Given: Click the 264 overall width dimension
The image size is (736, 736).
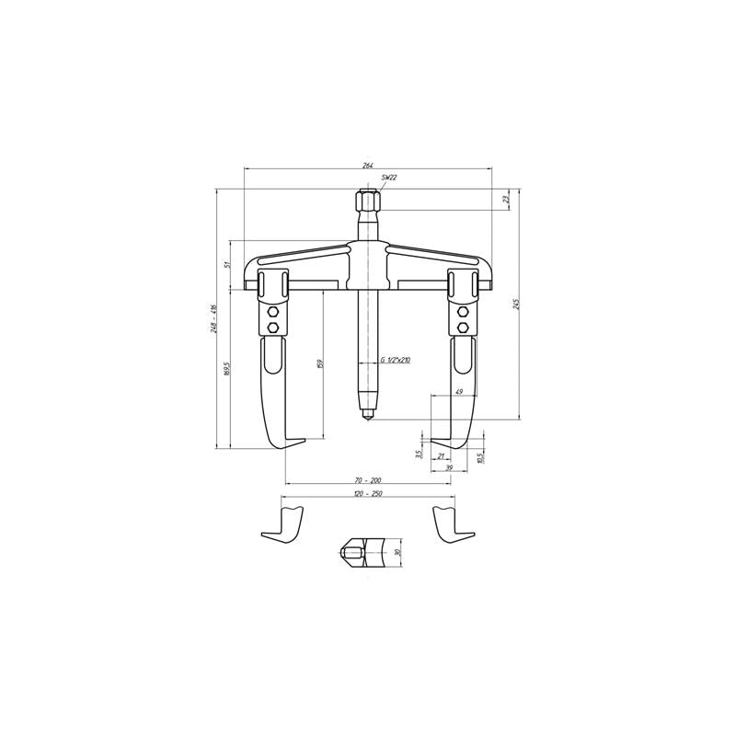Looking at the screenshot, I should (367, 165).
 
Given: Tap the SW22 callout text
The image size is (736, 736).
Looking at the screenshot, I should (388, 177).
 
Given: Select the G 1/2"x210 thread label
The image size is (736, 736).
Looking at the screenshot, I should (395, 360).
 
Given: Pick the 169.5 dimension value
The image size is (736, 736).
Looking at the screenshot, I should (226, 370).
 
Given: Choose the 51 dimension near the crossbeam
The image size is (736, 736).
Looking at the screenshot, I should (226, 265).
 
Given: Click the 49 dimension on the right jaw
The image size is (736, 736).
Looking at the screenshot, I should (457, 393).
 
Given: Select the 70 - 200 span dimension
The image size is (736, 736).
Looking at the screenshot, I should (367, 480).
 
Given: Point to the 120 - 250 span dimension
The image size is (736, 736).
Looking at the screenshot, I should (367, 494).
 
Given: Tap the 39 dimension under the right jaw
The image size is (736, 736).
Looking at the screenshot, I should (449, 467).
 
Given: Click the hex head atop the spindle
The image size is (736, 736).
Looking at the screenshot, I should (364, 201).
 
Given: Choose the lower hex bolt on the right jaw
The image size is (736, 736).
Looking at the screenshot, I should (462, 327).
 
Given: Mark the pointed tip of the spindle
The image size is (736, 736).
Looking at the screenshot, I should (365, 417).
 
